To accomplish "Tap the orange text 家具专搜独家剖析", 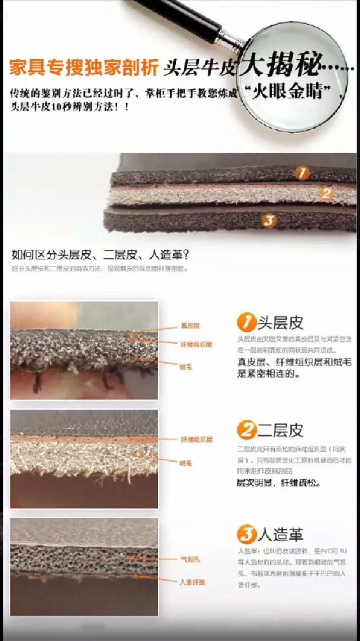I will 84,68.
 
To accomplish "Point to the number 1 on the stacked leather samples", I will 302,173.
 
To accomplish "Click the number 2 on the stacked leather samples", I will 326,194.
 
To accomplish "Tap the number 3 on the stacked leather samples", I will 269,221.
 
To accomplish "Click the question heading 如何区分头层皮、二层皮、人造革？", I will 100,255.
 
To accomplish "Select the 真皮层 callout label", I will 190,326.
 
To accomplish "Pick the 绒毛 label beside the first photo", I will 186,367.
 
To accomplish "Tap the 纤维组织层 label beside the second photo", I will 196,439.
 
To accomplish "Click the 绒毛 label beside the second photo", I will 186,463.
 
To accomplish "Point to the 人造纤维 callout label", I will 192,582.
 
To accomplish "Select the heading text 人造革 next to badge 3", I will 281,535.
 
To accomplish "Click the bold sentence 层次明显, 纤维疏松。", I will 278,483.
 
